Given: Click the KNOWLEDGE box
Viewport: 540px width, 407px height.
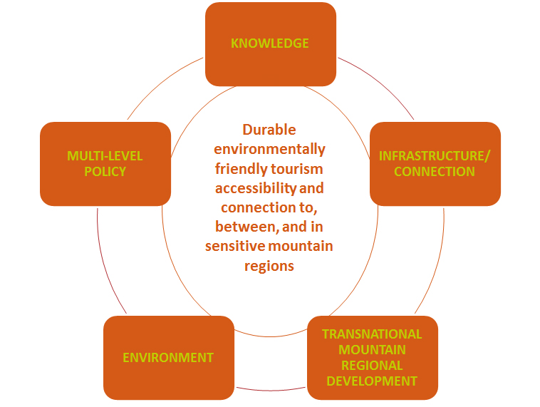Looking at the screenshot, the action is [x=271, y=44].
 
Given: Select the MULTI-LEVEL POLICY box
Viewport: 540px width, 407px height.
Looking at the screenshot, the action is [x=105, y=164].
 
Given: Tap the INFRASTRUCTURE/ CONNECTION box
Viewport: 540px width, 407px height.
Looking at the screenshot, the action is [x=435, y=164].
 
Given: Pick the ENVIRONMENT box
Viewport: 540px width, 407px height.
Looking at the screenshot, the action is [x=169, y=358].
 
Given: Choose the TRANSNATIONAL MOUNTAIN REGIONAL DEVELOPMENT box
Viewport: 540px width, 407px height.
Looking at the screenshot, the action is [x=373, y=358].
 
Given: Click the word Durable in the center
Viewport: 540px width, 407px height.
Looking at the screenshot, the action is [x=269, y=130].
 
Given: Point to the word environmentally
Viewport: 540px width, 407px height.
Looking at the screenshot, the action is [x=270, y=150].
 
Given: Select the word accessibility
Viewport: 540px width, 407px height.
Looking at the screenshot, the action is [x=256, y=188].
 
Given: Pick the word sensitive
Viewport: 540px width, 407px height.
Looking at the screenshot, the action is [x=236, y=246].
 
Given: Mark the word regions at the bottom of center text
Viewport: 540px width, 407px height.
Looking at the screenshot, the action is [x=269, y=267].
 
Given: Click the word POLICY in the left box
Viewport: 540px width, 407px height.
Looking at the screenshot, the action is [x=105, y=172].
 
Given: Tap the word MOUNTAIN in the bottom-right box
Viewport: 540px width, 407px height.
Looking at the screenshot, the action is [x=373, y=350].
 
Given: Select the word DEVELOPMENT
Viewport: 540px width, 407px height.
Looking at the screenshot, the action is [x=372, y=381].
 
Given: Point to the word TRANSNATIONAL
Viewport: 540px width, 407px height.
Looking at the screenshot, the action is [x=373, y=334].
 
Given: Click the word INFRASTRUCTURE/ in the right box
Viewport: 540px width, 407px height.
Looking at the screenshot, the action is [x=435, y=156].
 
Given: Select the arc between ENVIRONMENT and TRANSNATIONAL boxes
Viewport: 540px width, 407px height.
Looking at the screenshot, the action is [x=271, y=390].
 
